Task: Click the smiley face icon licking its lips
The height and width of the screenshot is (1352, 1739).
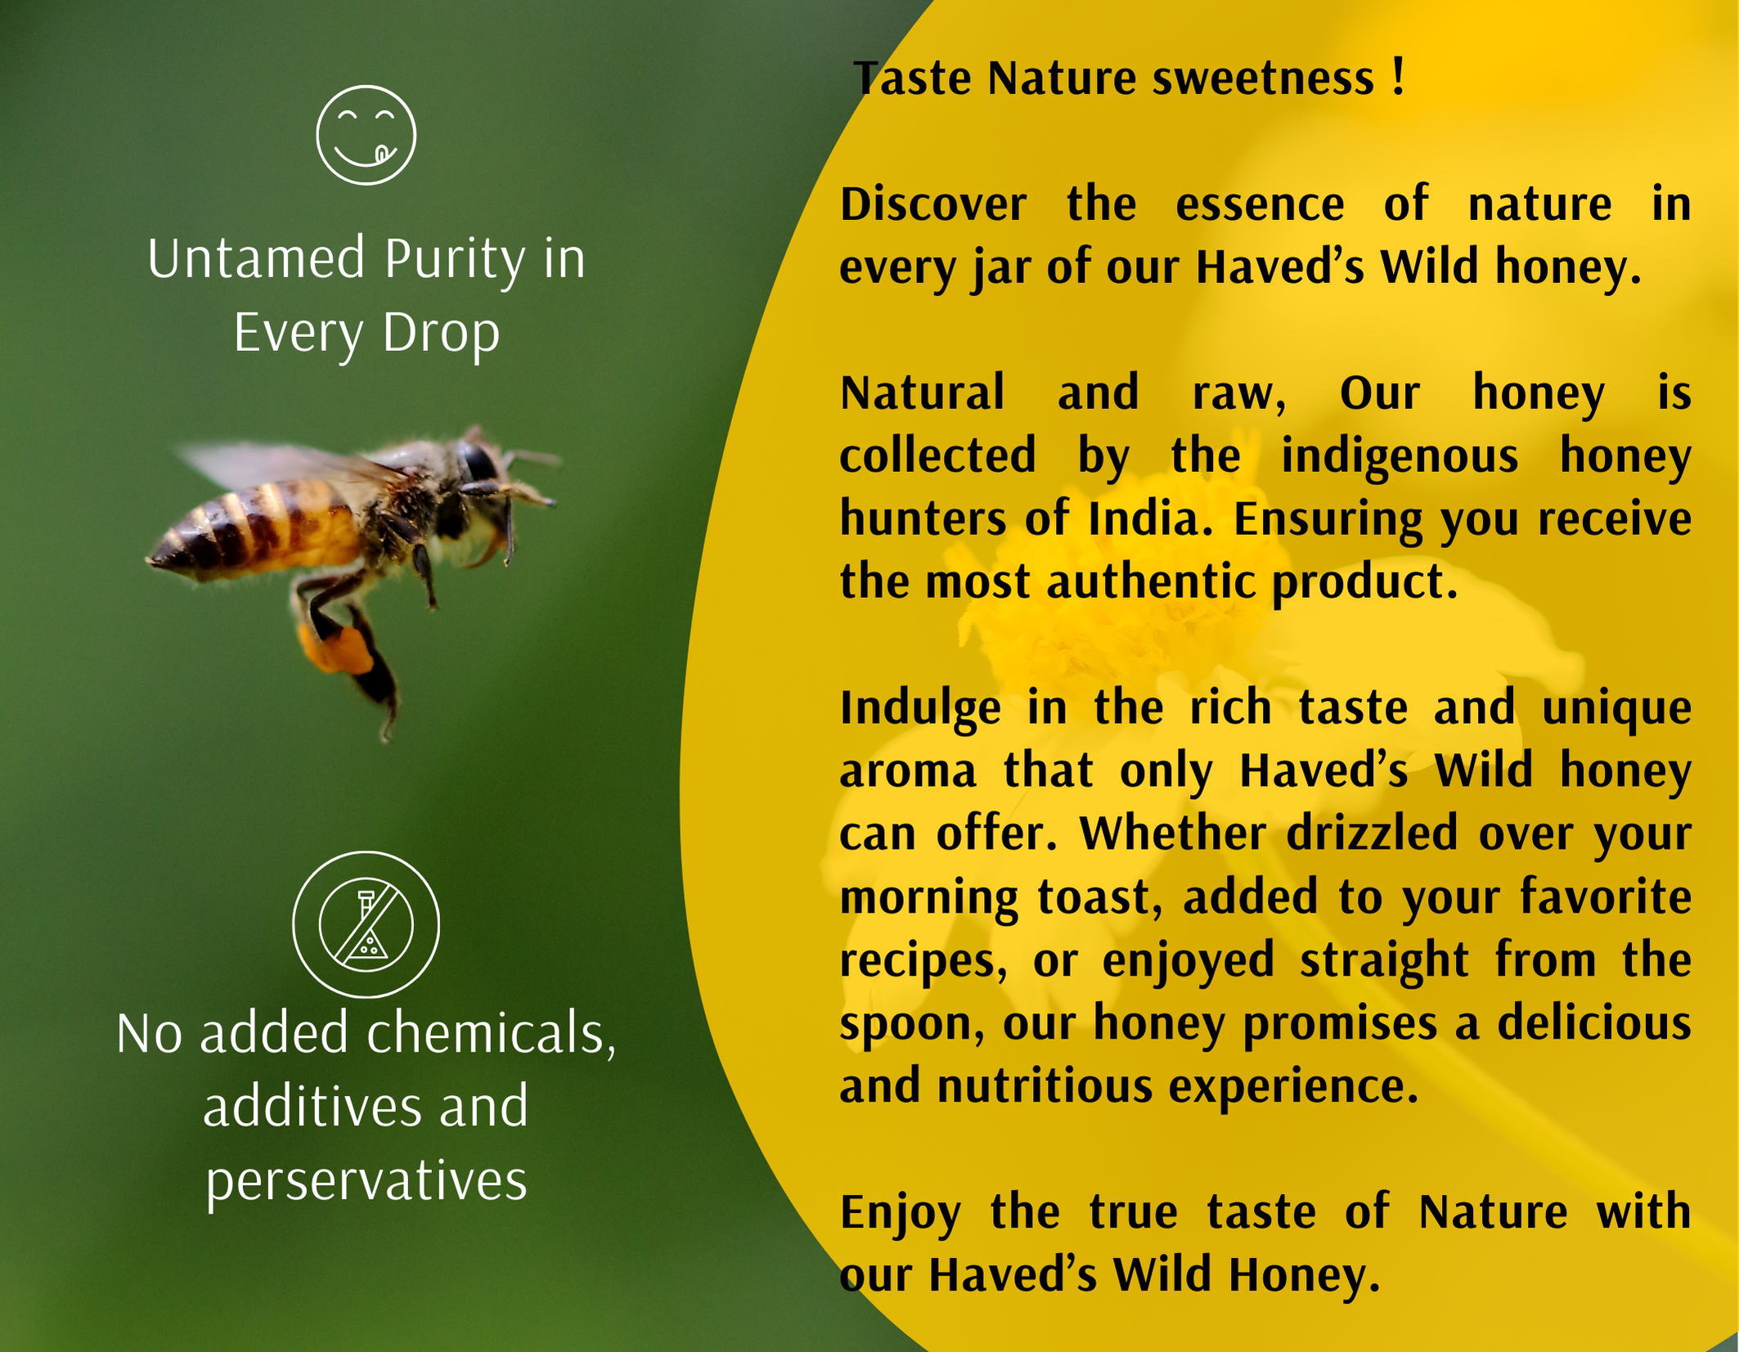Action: point(366,135)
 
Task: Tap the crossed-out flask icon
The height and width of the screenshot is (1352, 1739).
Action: point(366,924)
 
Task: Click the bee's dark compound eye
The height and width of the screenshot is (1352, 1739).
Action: point(478,462)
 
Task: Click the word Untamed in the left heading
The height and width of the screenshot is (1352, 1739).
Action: point(256,258)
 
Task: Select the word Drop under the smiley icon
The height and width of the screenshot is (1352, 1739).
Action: point(441,335)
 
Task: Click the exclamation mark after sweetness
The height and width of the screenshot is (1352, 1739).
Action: point(1397,76)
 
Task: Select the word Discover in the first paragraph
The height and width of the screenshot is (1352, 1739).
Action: point(933,204)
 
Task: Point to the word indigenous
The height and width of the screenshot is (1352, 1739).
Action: point(1399,457)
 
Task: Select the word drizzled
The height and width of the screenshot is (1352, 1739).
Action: point(1372,833)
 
